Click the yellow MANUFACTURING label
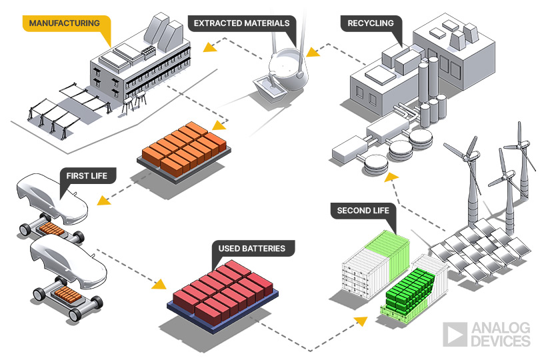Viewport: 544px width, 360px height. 65,23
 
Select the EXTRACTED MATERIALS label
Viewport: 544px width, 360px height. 241,23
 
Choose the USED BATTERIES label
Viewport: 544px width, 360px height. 251,249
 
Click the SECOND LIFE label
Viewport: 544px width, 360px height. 363,211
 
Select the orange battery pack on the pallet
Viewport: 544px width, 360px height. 185,147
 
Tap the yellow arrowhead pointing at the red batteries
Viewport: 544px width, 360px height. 158,284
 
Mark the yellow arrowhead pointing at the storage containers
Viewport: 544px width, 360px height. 360,321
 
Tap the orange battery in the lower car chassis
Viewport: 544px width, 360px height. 66,293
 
